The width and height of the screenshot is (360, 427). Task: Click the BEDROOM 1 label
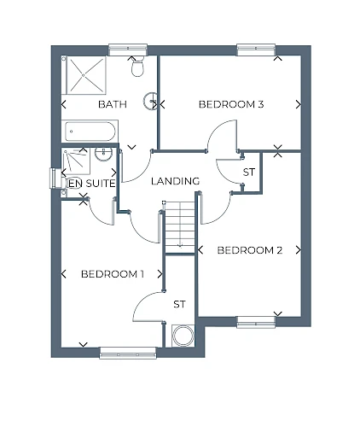pyautogui.click(x=113, y=274)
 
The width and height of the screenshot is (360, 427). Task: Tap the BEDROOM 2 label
pyautogui.click(x=250, y=250)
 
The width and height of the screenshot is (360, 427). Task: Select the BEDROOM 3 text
pyautogui.click(x=231, y=104)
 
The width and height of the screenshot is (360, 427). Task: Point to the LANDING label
pyautogui.click(x=175, y=181)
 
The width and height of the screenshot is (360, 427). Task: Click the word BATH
pyautogui.click(x=113, y=104)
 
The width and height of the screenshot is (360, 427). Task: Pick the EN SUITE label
pyautogui.click(x=92, y=184)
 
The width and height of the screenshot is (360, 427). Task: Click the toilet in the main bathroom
pyautogui.click(x=137, y=66)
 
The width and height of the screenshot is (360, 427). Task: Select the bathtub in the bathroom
pyautogui.click(x=90, y=132)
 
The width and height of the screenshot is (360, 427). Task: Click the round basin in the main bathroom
pyautogui.click(x=150, y=101)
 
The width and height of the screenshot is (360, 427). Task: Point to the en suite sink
pyautogui.click(x=104, y=154)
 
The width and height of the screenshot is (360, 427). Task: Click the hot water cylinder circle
pyautogui.click(x=183, y=336)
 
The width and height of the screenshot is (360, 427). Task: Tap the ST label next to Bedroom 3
pyautogui.click(x=249, y=173)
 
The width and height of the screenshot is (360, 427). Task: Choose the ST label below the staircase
pyautogui.click(x=179, y=304)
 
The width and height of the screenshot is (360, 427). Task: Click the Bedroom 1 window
pyautogui.click(x=128, y=353)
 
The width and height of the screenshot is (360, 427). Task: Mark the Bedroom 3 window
pyautogui.click(x=256, y=50)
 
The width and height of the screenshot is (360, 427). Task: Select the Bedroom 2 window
pyautogui.click(x=256, y=322)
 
